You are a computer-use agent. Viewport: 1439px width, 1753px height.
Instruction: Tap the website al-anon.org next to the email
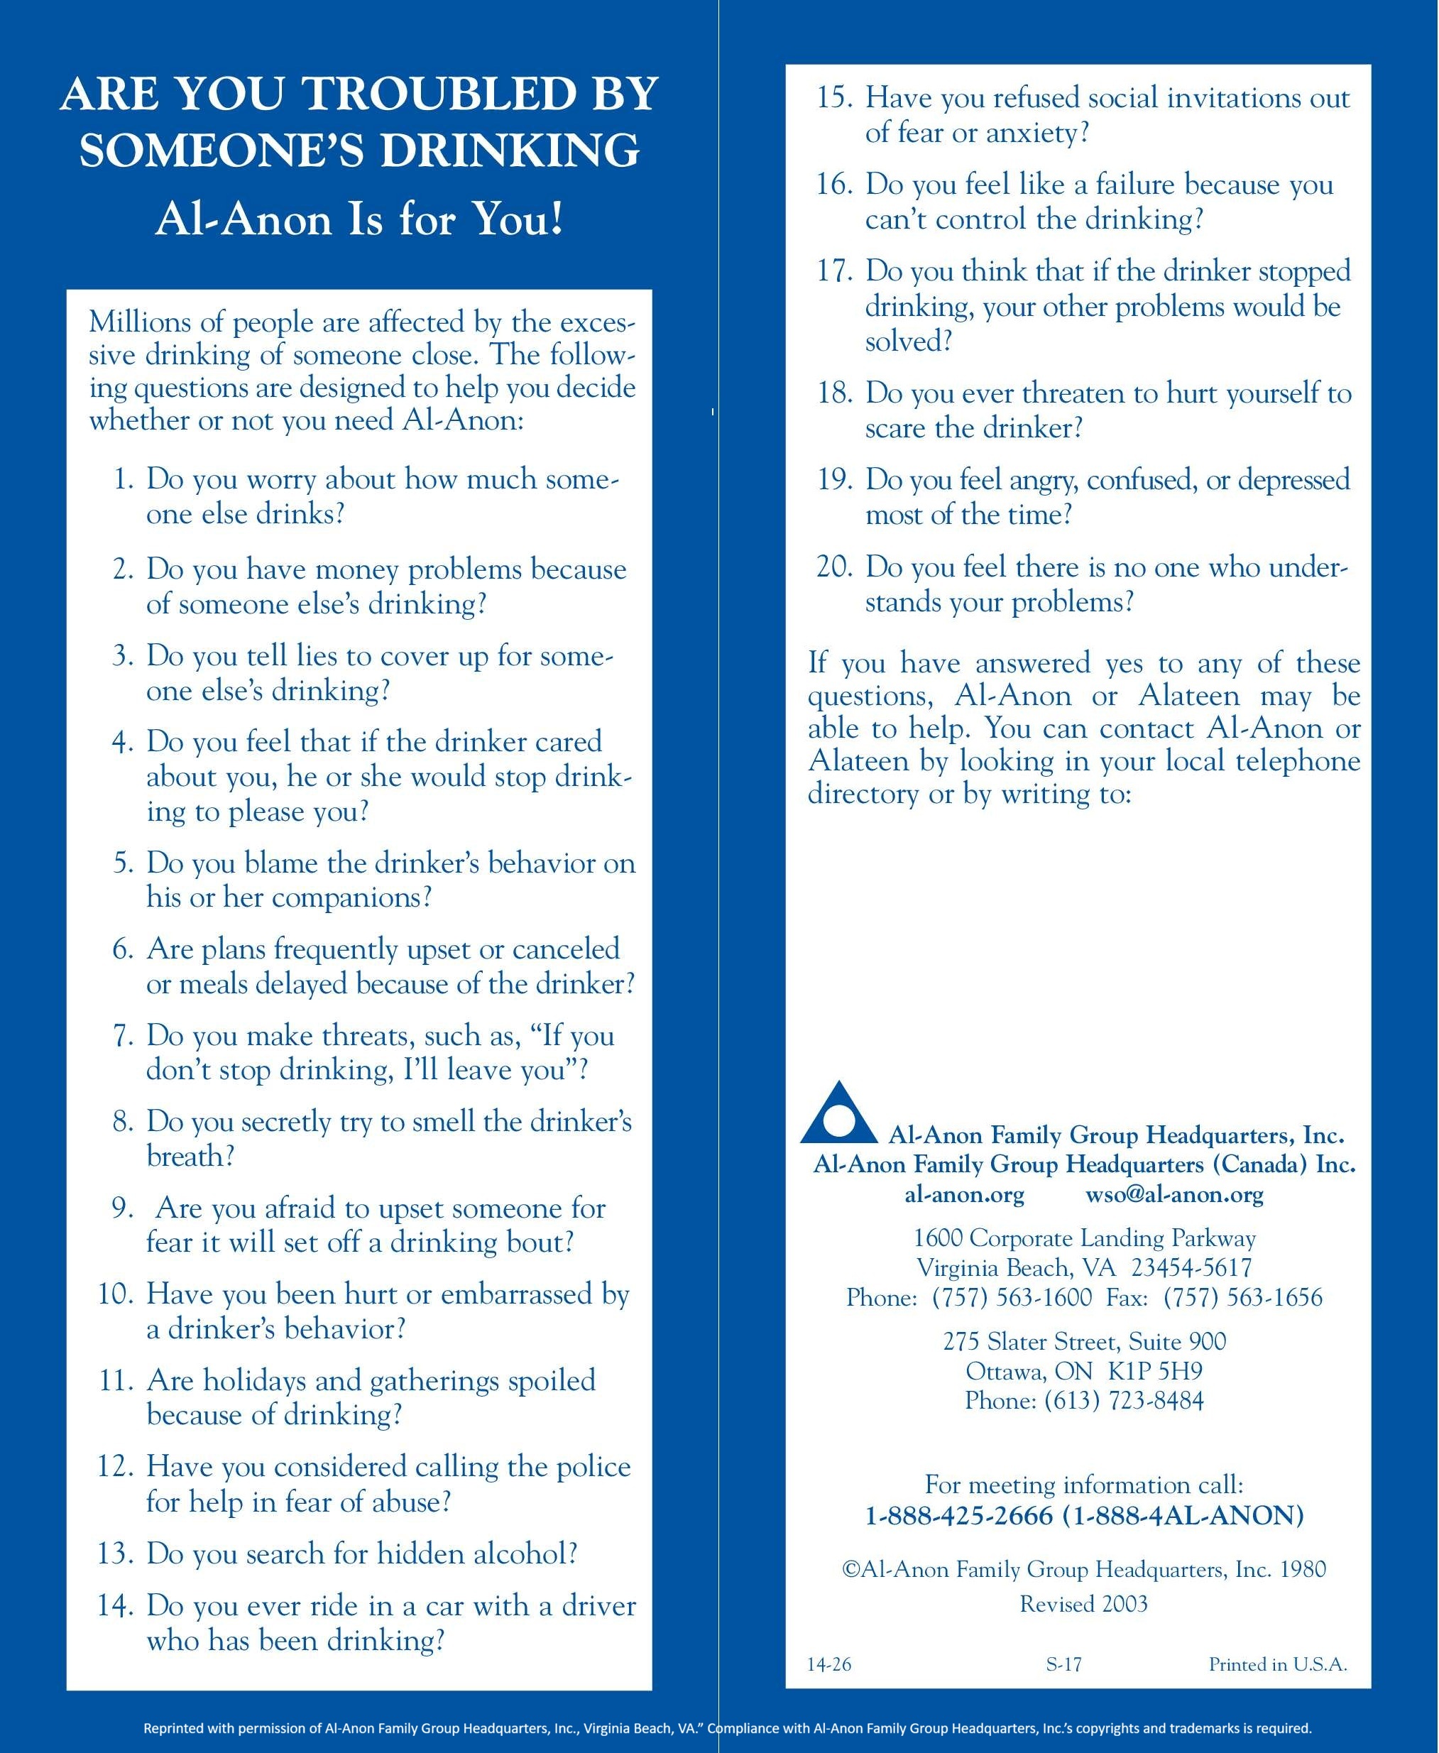(964, 1194)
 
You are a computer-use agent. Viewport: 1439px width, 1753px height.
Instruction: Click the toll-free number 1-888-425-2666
(958, 1516)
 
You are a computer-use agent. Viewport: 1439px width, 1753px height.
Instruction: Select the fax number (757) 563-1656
(1242, 1297)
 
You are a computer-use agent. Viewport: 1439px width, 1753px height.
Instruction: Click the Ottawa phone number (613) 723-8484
(1123, 1401)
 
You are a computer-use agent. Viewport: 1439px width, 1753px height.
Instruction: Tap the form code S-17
(1063, 1664)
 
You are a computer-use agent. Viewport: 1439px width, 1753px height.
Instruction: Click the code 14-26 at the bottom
(829, 1664)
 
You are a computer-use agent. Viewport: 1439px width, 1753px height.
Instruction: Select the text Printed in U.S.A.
(1277, 1664)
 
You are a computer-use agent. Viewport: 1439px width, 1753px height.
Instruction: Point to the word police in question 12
(592, 1467)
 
